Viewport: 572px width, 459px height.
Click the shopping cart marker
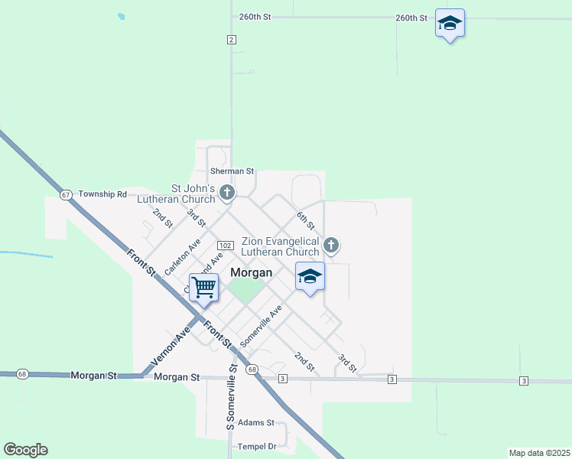point(204,288)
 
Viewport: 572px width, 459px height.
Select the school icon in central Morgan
point(310,277)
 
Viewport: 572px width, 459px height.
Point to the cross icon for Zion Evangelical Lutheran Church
point(330,245)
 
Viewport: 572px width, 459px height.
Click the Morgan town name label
point(252,272)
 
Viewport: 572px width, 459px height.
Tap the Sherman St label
point(232,171)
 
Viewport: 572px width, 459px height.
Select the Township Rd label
point(102,194)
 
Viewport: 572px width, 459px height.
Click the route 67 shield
point(67,194)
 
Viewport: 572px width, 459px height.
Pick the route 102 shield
point(225,245)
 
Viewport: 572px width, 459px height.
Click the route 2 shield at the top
point(231,40)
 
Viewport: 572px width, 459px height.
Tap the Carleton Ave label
point(182,256)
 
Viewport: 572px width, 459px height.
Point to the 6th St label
point(306,220)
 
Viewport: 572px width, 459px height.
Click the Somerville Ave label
point(262,324)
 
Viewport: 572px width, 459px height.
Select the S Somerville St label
point(230,400)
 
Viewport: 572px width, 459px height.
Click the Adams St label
point(255,422)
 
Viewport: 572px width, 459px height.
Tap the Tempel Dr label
point(255,446)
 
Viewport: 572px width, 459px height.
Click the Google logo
point(25,450)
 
